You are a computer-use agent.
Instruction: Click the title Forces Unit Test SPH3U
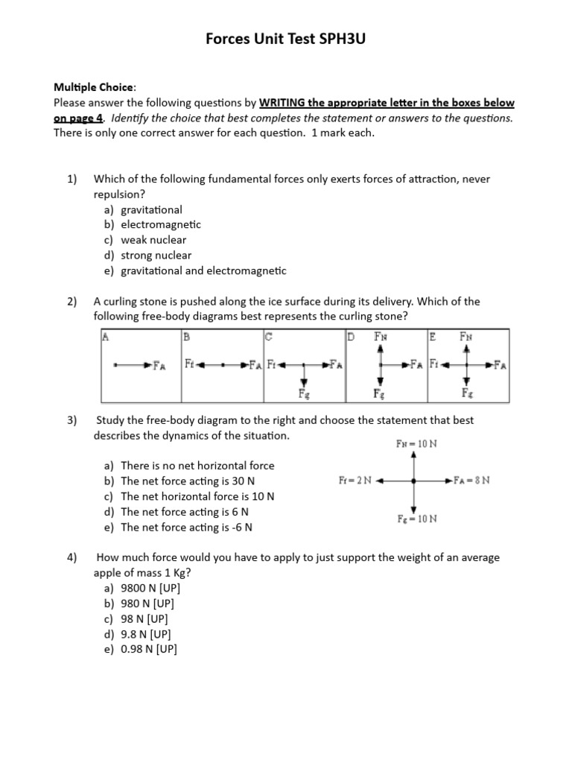[x=285, y=39]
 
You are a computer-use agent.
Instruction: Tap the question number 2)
[x=71, y=302]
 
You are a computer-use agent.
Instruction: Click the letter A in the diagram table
[x=106, y=336]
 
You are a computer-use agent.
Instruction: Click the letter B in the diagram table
[x=187, y=336]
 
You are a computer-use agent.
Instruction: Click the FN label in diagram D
[x=381, y=337]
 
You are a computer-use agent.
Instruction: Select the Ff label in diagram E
[x=435, y=365]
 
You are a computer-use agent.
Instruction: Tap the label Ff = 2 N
[x=355, y=481]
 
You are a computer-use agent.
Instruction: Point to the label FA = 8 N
[x=471, y=481]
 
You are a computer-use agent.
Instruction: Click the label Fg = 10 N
[x=417, y=519]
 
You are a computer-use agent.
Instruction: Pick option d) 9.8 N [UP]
[x=146, y=634]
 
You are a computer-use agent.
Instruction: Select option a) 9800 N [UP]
[x=150, y=588]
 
